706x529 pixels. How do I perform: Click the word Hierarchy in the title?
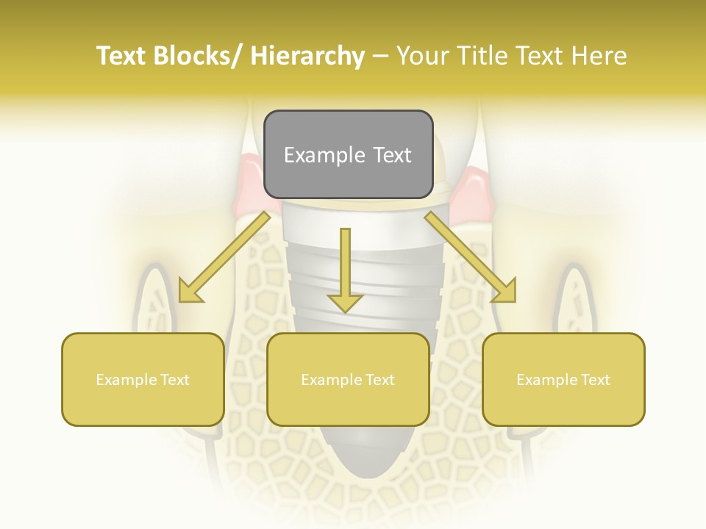coord(307,57)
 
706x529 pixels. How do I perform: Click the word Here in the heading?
coord(599,57)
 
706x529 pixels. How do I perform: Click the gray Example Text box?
coord(348,154)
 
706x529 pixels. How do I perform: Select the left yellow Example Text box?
coord(143,379)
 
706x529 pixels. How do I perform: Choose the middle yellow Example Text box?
coord(348,379)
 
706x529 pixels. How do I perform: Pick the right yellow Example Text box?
coord(563,379)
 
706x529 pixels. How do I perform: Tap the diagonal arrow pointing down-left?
coord(224,257)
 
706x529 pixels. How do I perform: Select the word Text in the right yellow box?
coord(595,380)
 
